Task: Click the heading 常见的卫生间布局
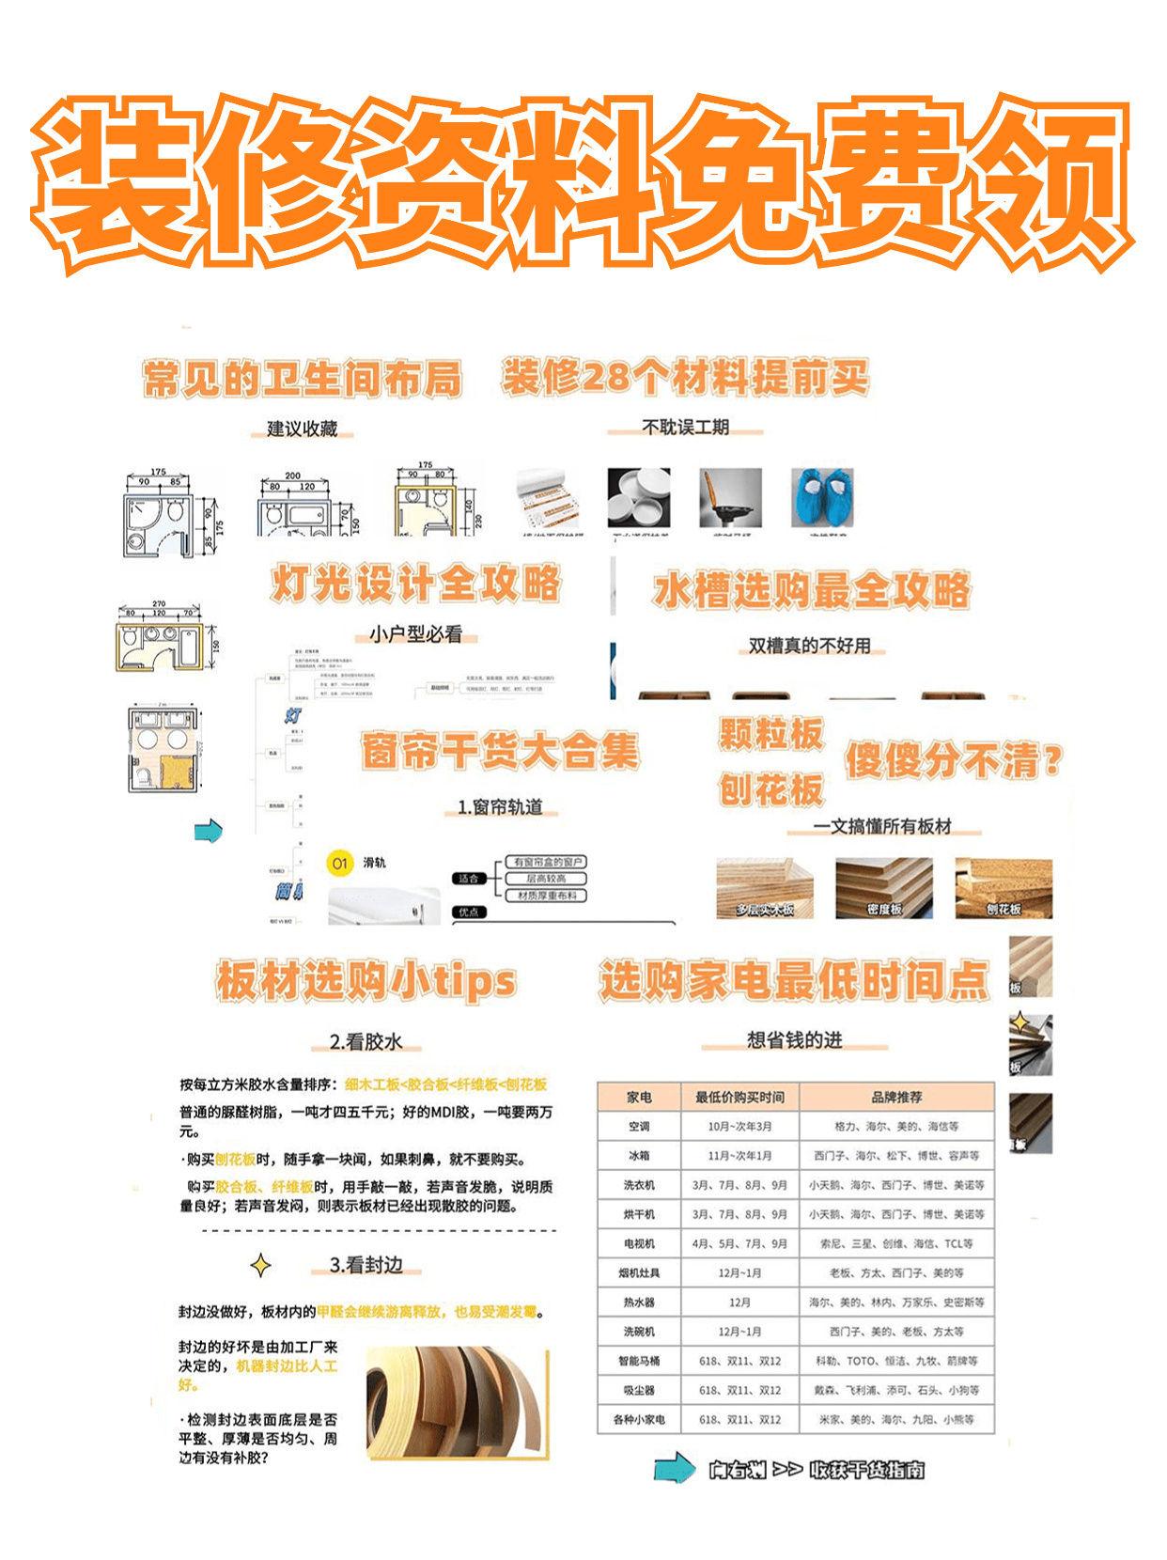click(x=303, y=381)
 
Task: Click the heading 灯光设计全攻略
click(x=416, y=584)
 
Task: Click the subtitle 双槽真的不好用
click(x=809, y=646)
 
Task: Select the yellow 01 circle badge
click(x=340, y=863)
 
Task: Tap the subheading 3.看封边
click(x=366, y=1265)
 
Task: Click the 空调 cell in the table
click(x=639, y=1126)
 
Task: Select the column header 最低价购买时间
click(x=739, y=1097)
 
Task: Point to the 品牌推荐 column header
click(x=896, y=1097)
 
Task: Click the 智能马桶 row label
click(x=639, y=1361)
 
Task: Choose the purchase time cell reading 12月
click(x=739, y=1302)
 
